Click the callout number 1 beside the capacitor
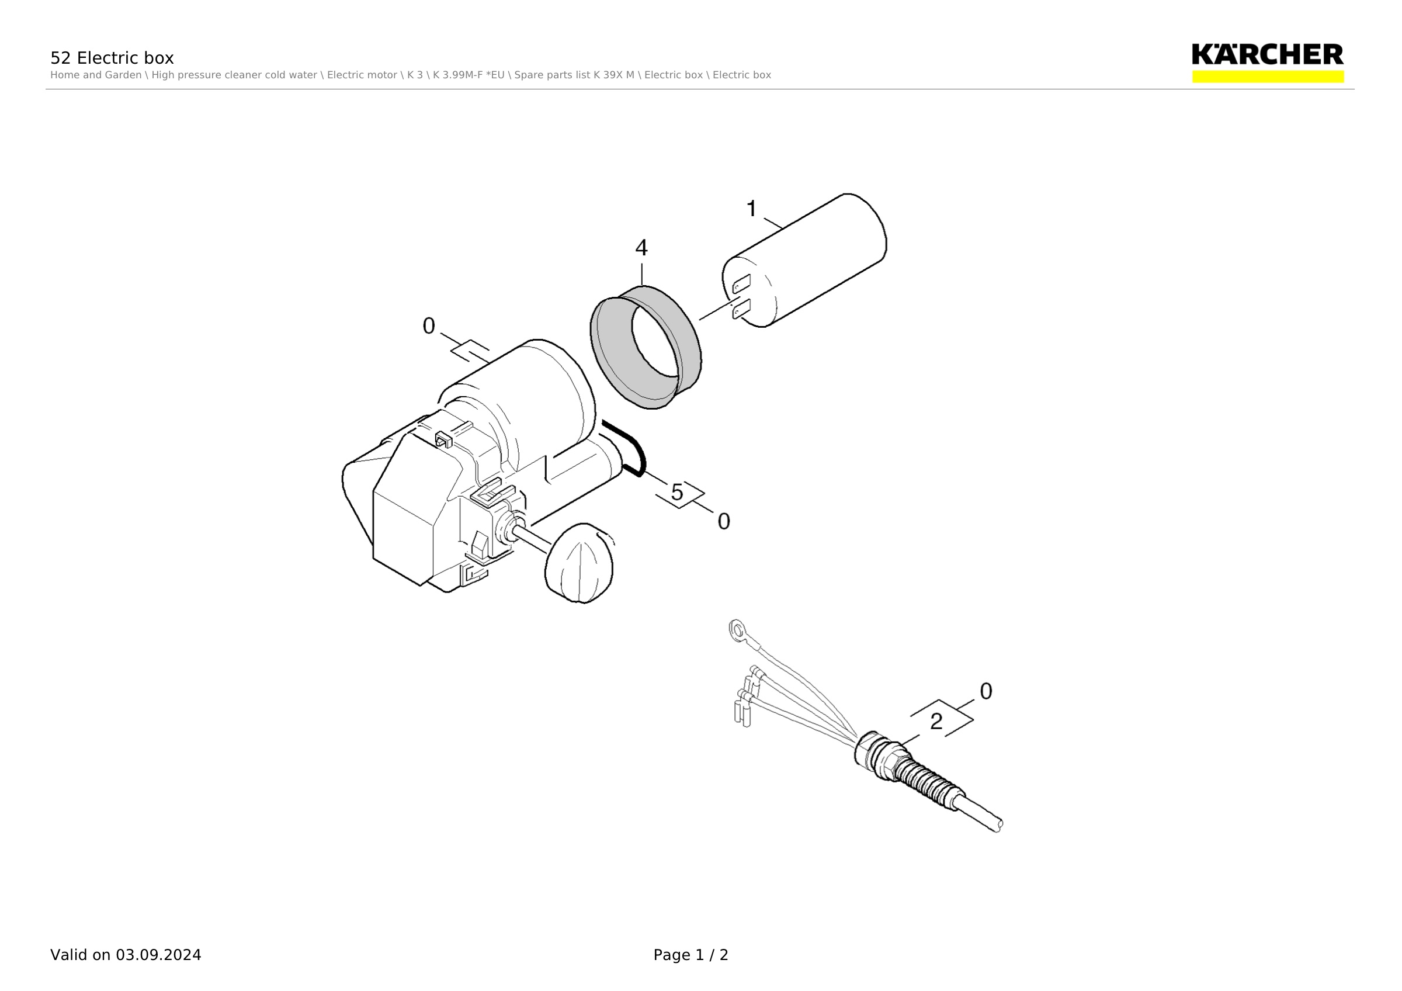tap(752, 209)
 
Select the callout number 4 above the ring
tap(641, 248)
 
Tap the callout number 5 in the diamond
tap(677, 492)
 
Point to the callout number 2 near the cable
tap(936, 722)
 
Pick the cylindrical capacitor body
tap(805, 260)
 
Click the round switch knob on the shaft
tap(579, 563)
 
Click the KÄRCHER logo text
tap(1268, 54)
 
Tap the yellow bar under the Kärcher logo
tap(1268, 77)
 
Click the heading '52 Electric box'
tap(112, 58)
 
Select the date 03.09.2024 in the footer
tap(159, 955)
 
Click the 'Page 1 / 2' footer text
tap(690, 955)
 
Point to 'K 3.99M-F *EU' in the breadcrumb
tap(469, 75)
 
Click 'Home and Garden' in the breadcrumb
tap(96, 75)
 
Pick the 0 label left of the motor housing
tap(429, 326)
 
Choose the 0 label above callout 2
tap(985, 691)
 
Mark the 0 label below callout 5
tap(724, 521)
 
